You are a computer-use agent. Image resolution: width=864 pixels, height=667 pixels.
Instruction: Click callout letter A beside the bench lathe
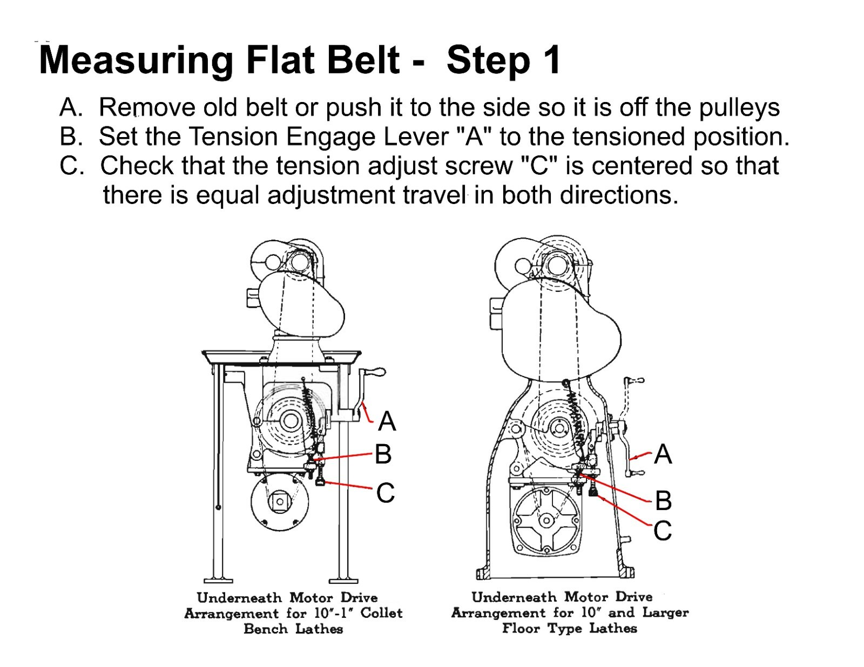point(387,421)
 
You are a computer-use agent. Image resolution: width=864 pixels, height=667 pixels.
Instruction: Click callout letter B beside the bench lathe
point(383,454)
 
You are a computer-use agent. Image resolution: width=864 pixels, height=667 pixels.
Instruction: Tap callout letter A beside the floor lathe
point(663,454)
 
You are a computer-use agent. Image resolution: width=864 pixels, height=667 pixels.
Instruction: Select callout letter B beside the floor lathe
point(663,501)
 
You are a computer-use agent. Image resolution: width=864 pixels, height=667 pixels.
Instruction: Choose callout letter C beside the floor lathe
point(663,531)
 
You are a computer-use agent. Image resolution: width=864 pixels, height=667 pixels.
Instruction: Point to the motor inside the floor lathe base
point(547,521)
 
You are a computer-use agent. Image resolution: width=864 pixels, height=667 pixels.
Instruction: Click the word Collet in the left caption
point(381,614)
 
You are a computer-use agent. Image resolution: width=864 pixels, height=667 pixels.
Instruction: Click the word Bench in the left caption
point(265,629)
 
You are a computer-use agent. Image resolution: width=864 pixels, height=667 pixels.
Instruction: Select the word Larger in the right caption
point(665,613)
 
